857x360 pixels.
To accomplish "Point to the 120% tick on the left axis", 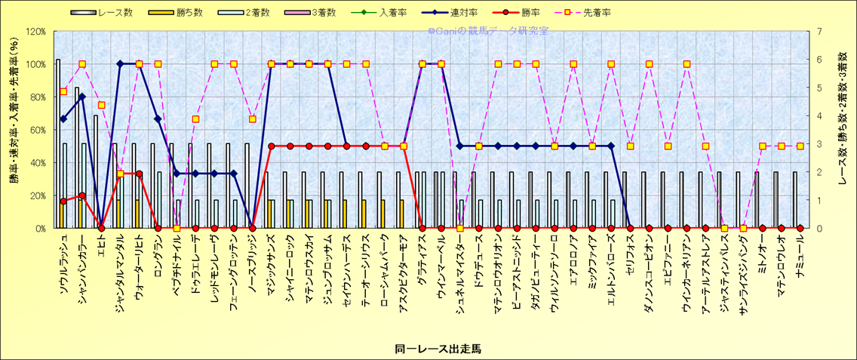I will point(35,32).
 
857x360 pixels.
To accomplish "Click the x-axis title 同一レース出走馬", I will point(438,349).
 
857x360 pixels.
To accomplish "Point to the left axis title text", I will point(14,129).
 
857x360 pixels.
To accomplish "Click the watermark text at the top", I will point(488,31).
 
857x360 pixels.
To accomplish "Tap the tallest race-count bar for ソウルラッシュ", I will point(58,143).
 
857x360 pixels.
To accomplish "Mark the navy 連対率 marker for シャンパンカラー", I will point(82,97).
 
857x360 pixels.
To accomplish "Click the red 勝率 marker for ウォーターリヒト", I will point(140,174).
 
